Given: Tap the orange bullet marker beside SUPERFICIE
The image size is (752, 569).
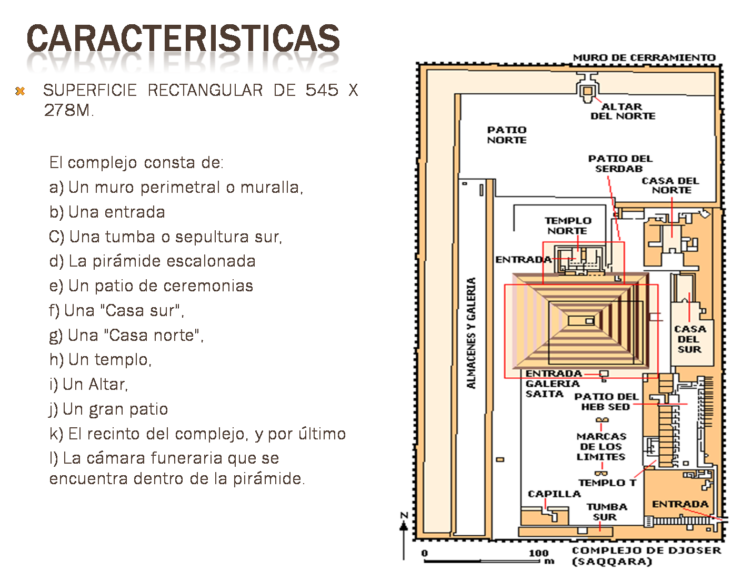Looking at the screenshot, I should coord(20,91).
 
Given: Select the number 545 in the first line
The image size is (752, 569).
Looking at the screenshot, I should coord(322,90).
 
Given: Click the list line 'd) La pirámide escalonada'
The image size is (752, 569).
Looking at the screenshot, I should coord(152,261).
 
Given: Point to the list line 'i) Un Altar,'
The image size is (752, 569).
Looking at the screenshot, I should coord(88,384).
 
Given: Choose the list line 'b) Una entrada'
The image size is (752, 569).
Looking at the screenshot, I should coord(107,212).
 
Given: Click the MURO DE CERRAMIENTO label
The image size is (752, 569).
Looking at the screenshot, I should coord(644,57).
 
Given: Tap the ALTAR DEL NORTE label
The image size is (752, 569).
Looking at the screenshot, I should coord(623,111).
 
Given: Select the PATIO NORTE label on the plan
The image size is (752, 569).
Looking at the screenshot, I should coord(506,135).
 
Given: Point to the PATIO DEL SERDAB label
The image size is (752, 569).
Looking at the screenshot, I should coord(620,163).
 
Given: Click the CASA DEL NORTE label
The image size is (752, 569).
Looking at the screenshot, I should coord(670,185).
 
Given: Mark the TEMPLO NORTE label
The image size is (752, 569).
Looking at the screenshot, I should coord(567,225).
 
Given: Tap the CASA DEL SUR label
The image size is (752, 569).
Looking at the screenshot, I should coord(689,339).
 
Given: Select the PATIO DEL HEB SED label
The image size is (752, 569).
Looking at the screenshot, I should coord(606,401).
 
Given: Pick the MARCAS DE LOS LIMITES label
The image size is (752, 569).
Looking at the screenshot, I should coord(601,446).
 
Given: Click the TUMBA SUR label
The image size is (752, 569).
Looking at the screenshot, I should coord(606,512).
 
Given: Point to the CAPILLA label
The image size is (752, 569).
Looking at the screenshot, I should coord(554,494).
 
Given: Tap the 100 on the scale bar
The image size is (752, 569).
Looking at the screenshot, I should coord(538,553).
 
